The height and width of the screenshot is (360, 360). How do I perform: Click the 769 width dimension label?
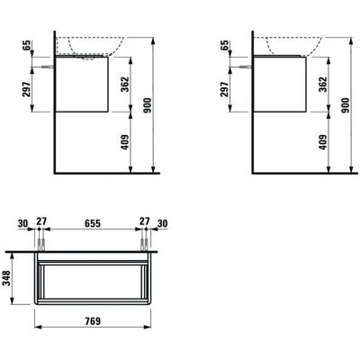tap(93, 320)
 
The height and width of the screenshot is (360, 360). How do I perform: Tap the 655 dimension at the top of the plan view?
tap(93, 223)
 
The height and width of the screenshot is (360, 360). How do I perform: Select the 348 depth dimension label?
tap(6, 278)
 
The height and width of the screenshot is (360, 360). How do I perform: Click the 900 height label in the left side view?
tap(148, 105)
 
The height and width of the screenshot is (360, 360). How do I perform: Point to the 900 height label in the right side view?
tap(346, 105)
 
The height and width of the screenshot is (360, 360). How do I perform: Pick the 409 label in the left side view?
tap(125, 142)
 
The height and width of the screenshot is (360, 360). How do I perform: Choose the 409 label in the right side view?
tap(323, 142)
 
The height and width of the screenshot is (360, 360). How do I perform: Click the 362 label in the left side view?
tap(125, 85)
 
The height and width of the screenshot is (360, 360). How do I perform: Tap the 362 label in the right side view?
tap(323, 85)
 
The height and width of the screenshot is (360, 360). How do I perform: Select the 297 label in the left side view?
tap(27, 89)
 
